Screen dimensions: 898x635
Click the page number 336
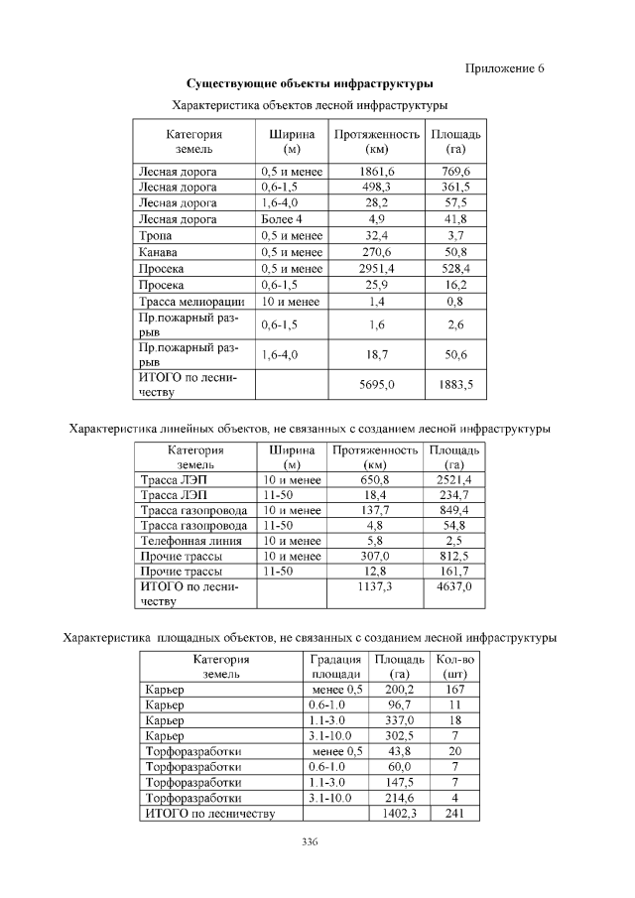click(310, 843)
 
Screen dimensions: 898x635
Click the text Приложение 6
click(505, 68)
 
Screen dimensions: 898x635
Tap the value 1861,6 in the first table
click(376, 172)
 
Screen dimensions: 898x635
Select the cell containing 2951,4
click(376, 268)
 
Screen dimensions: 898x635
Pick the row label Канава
click(158, 252)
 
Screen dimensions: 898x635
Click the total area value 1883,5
click(455, 383)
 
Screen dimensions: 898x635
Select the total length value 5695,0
click(376, 383)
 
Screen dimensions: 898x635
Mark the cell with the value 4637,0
click(454, 587)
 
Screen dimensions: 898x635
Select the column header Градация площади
click(328, 666)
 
